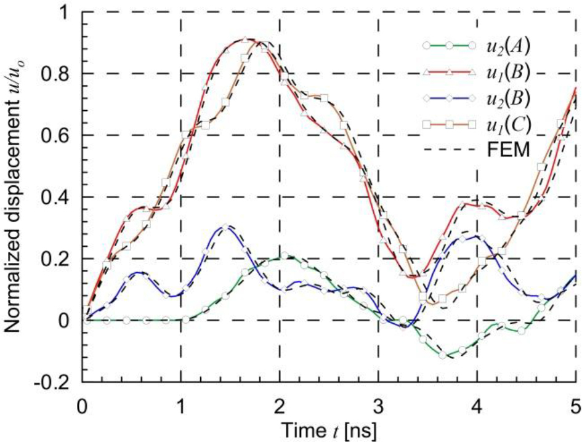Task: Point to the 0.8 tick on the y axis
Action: [x=61, y=74]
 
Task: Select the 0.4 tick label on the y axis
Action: [x=61, y=197]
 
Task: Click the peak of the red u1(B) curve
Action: [x=245, y=39]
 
